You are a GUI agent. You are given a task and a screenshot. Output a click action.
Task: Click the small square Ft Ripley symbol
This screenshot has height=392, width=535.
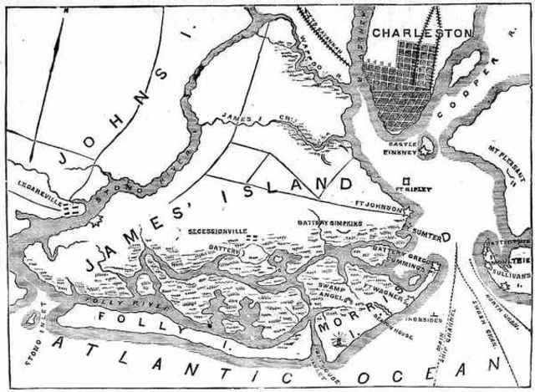[x=405, y=180]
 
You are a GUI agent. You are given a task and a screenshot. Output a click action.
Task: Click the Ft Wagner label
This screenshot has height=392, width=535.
[x=381, y=289]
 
